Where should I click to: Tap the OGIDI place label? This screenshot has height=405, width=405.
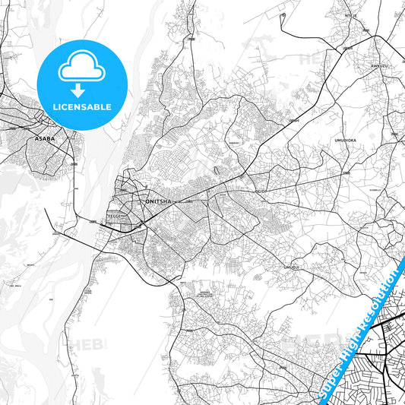pos(261,191)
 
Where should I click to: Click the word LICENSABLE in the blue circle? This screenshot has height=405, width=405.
pos(82,106)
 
